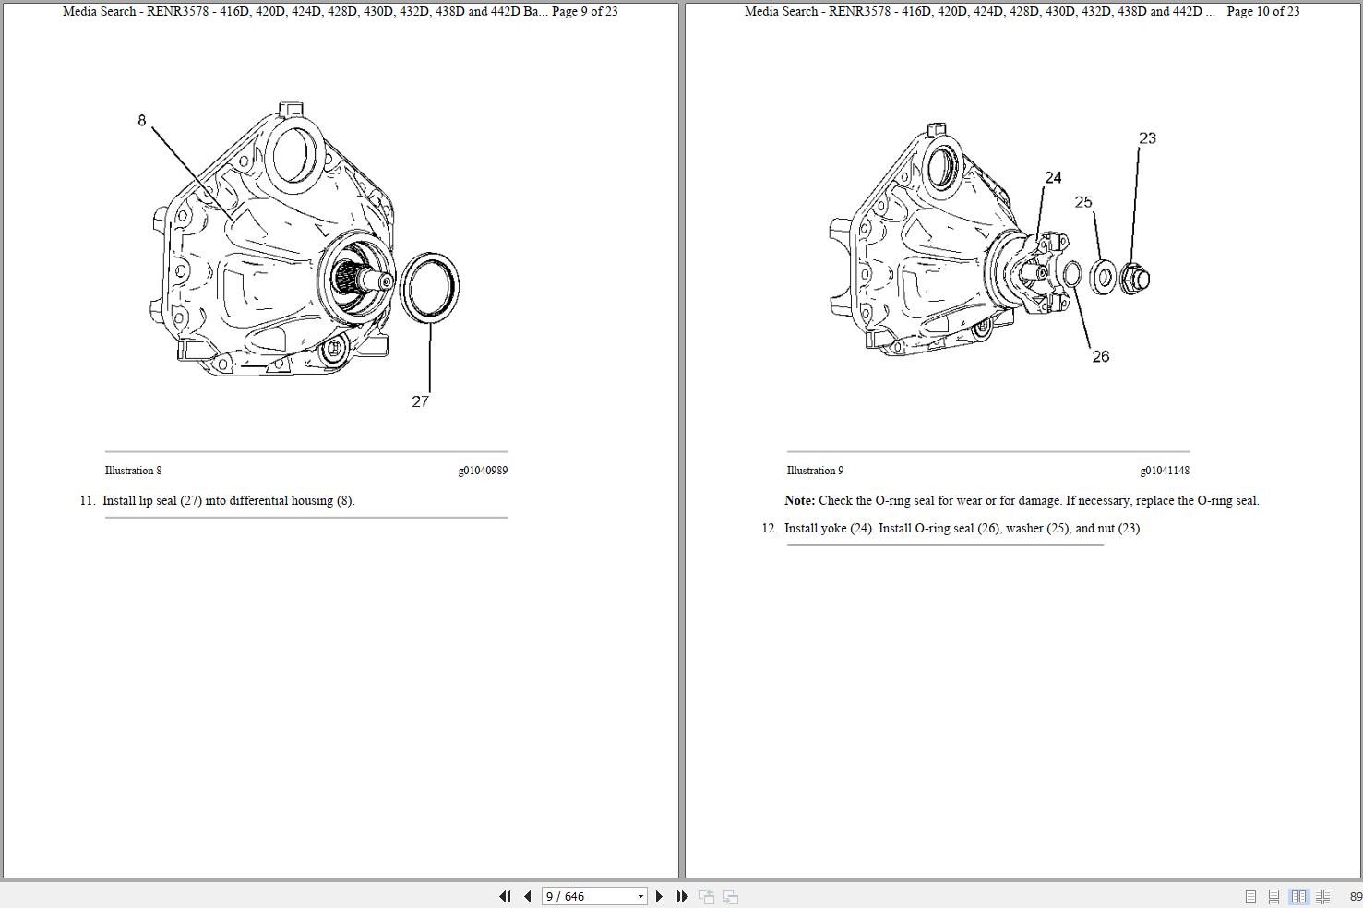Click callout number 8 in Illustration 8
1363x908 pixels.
(141, 120)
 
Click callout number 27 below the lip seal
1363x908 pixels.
(420, 401)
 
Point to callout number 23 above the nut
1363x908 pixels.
(1147, 138)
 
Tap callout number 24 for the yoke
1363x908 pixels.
(1053, 177)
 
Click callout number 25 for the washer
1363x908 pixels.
(1083, 202)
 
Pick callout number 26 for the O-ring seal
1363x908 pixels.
(1100, 356)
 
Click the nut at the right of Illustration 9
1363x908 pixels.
(1135, 278)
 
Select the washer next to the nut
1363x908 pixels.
(1103, 277)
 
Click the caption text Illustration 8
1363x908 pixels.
(133, 471)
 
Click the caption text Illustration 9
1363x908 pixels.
(815, 471)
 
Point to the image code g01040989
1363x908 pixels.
(483, 471)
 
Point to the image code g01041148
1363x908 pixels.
(1165, 471)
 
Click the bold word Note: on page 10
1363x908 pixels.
(799, 501)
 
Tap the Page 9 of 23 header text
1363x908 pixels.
(584, 12)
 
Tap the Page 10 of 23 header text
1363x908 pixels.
(1262, 12)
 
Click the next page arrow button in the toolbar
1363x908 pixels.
(659, 896)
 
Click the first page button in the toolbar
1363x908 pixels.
(505, 896)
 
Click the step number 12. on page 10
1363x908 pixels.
(770, 529)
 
